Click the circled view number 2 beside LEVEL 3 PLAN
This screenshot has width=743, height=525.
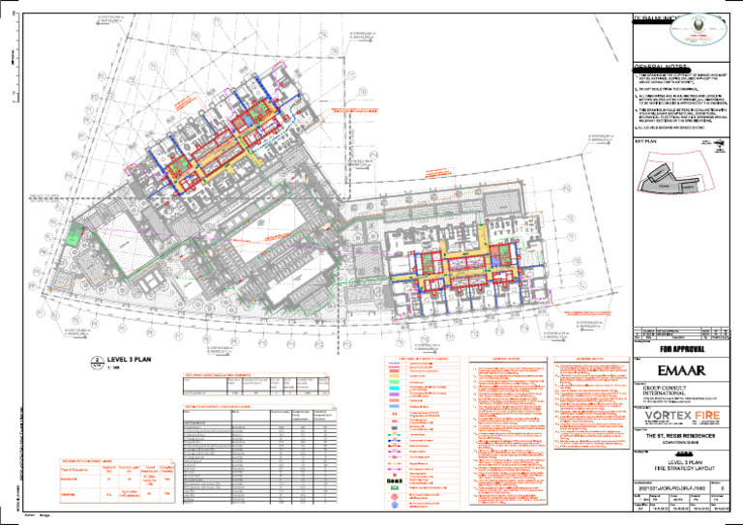97,361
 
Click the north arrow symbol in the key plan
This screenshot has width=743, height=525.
721,148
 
